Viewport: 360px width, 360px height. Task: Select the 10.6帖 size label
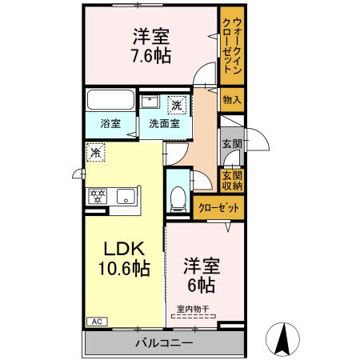pos(120,270)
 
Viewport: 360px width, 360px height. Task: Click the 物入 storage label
pos(231,100)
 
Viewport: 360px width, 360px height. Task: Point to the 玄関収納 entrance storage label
pos(231,181)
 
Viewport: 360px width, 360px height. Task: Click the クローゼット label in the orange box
pos(218,207)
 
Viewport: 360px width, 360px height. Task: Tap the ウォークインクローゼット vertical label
pos(231,46)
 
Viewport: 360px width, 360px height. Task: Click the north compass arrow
pos(282,339)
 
